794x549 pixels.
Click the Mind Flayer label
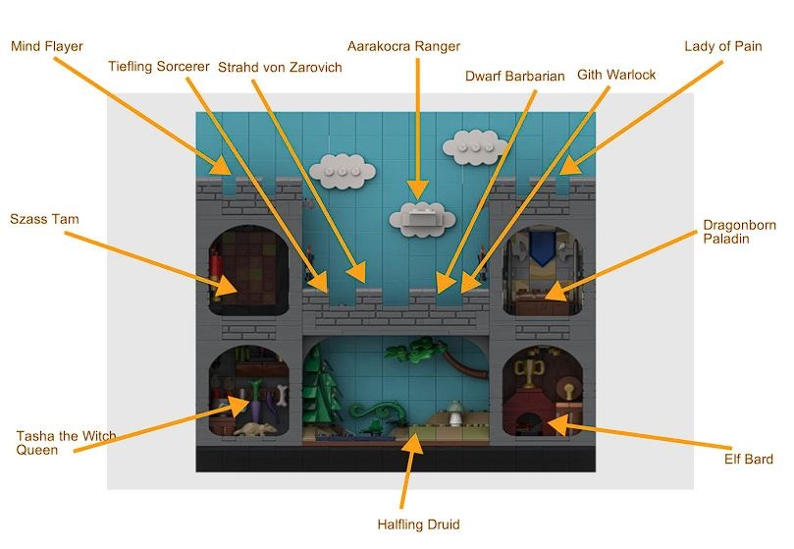[46, 46]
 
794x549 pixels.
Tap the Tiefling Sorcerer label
[159, 67]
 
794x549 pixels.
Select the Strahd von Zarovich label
[280, 67]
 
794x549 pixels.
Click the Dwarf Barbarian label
[515, 76]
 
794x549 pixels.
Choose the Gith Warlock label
[617, 76]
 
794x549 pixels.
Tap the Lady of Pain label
[723, 46]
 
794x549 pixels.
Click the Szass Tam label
[44, 218]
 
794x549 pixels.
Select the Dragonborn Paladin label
[739, 232]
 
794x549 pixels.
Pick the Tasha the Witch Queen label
[67, 442]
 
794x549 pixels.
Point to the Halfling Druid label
[418, 524]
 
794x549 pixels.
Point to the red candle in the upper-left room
[215, 264]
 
